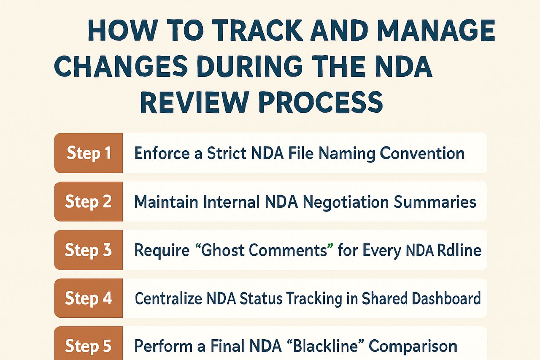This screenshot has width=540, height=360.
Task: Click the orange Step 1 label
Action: pos(89,153)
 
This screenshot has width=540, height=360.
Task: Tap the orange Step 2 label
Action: pos(89,202)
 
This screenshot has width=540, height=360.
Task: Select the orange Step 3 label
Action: pos(89,250)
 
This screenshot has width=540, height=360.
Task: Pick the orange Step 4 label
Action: pos(89,298)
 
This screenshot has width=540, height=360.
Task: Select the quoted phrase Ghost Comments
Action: pos(264,250)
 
